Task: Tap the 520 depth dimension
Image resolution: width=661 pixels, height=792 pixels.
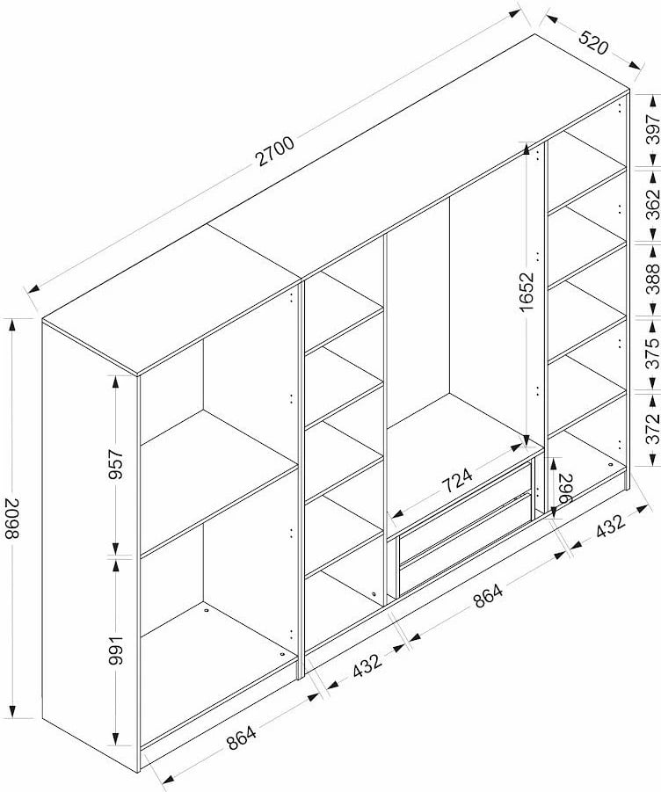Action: pos(592,45)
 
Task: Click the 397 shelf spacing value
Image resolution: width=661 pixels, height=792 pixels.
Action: pos(650,129)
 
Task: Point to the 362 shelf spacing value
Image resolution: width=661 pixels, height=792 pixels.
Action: pos(650,204)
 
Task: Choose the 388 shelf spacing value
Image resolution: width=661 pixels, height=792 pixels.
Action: pos(650,279)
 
